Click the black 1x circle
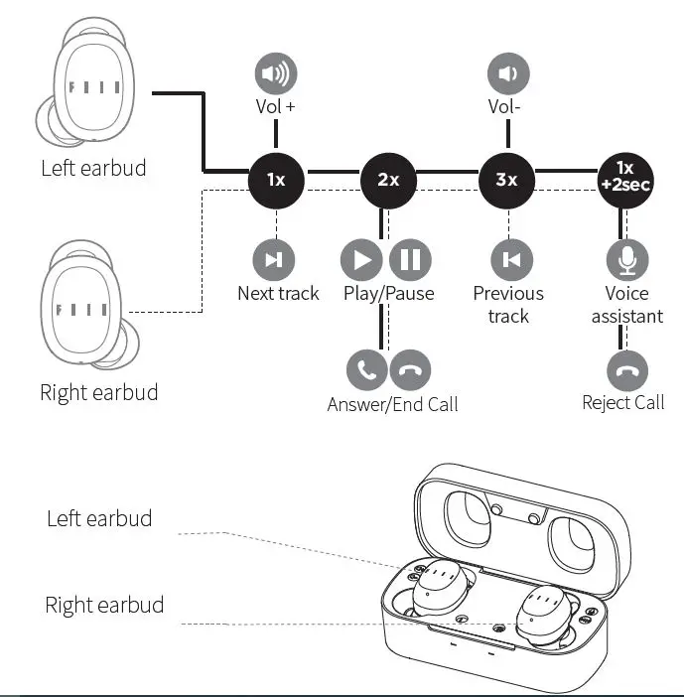click(276, 180)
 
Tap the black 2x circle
click(388, 180)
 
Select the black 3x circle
click(507, 180)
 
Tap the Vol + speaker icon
click(276, 73)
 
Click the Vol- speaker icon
click(508, 73)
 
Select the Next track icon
click(273, 260)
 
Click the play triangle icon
click(361, 260)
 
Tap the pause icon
click(409, 260)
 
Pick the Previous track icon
click(511, 260)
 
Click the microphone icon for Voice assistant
click(626, 260)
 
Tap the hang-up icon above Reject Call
click(627, 372)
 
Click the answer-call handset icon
click(366, 370)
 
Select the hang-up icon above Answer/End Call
click(409, 370)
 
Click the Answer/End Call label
click(392, 404)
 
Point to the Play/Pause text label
click(388, 293)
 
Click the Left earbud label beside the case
click(99, 518)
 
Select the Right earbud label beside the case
click(104, 605)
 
